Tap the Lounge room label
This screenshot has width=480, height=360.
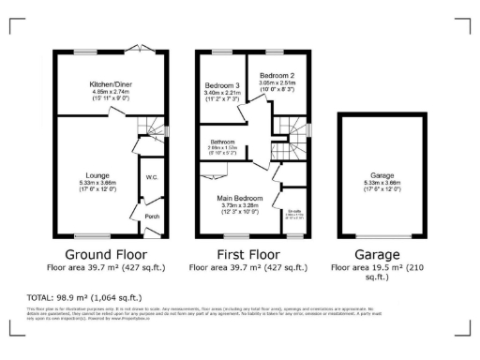pos(97,174)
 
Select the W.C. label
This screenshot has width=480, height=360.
pos(151,177)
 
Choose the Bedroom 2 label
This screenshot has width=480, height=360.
pos(277,74)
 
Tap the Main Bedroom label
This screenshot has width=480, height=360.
pos(237,199)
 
